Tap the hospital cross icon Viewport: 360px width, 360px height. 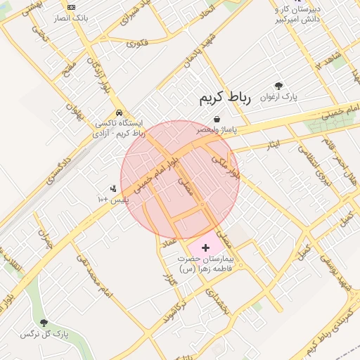(x=205, y=247)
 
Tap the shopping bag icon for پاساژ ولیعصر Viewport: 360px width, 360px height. (x=216, y=119)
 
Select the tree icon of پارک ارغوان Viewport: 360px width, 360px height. (x=279, y=86)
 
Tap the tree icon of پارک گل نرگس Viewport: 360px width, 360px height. (x=44, y=323)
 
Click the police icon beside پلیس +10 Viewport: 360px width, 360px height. (x=112, y=188)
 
